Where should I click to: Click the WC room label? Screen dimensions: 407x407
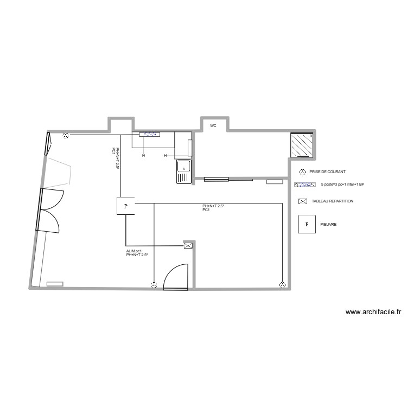[213, 125]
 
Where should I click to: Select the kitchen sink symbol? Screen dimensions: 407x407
[183, 171]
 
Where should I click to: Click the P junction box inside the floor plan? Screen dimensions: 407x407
[125, 206]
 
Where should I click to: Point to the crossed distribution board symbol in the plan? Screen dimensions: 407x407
[188, 246]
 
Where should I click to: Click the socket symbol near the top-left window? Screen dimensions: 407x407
[66, 136]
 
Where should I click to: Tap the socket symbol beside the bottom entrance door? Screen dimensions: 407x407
[154, 284]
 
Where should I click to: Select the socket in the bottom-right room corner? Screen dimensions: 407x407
[282, 284]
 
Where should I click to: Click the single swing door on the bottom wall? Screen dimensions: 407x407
[175, 276]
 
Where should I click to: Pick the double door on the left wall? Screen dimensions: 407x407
[49, 209]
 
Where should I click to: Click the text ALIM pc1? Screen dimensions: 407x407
[134, 251]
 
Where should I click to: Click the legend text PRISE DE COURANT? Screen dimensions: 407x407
[327, 172]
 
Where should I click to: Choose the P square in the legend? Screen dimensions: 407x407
[307, 224]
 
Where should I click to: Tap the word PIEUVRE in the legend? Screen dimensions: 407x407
[328, 223]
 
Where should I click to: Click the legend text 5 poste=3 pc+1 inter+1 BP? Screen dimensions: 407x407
[342, 185]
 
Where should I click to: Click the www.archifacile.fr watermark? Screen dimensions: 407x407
[373, 312]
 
